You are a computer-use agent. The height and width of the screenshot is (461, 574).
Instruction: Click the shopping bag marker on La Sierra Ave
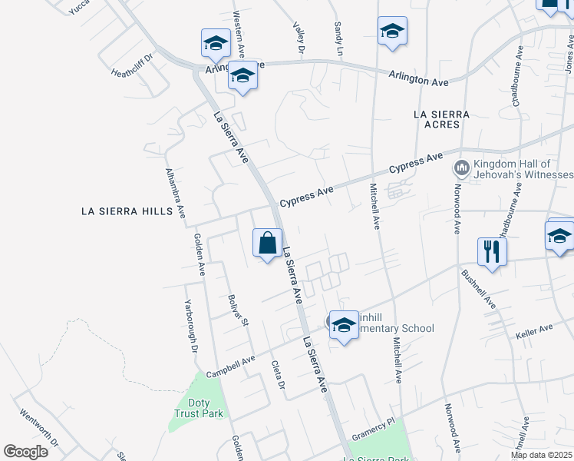267,244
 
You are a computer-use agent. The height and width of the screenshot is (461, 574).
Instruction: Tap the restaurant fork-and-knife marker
491,250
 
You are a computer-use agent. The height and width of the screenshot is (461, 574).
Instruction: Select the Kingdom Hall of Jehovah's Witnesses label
512,169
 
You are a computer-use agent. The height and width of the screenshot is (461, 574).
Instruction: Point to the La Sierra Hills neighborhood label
127,211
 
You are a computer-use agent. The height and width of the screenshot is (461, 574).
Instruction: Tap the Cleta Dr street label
278,376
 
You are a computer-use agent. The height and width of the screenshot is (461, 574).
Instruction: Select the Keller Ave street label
534,330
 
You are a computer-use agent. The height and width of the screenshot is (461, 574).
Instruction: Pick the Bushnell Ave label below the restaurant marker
479,289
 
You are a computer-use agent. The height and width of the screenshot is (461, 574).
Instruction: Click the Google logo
26,452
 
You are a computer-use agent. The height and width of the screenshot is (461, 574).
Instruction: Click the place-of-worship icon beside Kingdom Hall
462,167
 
